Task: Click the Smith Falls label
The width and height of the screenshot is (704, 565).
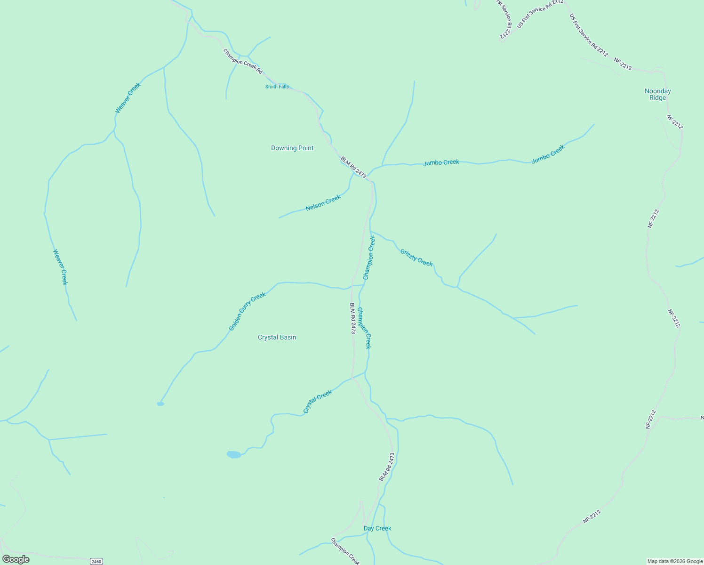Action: pos(277,87)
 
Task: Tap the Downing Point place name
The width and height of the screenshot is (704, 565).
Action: pos(292,148)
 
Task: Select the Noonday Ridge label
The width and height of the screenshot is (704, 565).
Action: pos(657,94)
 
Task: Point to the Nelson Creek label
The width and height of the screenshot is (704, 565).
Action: pos(323,203)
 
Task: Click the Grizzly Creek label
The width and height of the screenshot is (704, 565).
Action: pos(416,258)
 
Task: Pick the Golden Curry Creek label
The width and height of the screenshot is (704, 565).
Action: pos(247,311)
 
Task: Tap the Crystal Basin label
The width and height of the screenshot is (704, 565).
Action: pos(277,337)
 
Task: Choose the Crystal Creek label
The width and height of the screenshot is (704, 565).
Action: pos(317,402)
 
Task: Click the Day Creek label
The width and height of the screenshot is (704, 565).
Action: pos(377,528)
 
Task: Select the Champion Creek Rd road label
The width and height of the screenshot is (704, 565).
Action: pos(242,61)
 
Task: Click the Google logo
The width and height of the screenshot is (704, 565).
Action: pos(16,559)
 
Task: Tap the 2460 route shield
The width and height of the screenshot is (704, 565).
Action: pos(96,561)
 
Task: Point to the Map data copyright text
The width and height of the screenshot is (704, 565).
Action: pos(675,561)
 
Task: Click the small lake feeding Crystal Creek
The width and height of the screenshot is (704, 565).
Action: pos(233,454)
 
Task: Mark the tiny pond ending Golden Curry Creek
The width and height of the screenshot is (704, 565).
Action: pos(160,404)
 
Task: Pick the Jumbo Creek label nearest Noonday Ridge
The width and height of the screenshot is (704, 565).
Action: pos(548,154)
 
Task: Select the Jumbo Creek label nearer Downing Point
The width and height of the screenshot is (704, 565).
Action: pos(441,162)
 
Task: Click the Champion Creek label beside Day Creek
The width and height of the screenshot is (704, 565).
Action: pos(345,551)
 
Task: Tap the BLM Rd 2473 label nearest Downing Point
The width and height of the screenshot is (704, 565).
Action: pos(353,168)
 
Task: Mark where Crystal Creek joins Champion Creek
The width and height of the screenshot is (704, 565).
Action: pos(365,372)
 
